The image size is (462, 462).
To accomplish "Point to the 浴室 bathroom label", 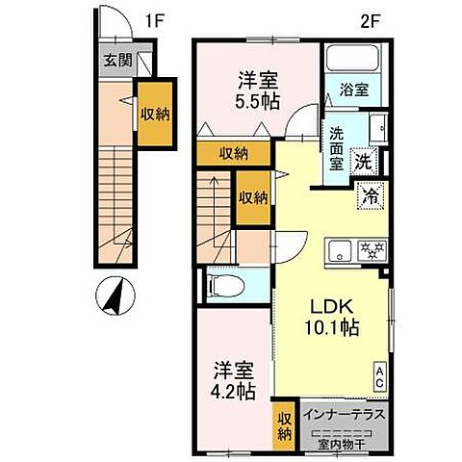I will (352, 91).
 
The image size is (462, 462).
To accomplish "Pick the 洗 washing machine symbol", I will (365, 163).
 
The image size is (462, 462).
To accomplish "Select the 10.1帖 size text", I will (333, 327).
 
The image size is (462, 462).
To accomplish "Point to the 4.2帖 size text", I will (235, 392).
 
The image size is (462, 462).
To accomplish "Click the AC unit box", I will (381, 375).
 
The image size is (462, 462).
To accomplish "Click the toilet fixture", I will (222, 285).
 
